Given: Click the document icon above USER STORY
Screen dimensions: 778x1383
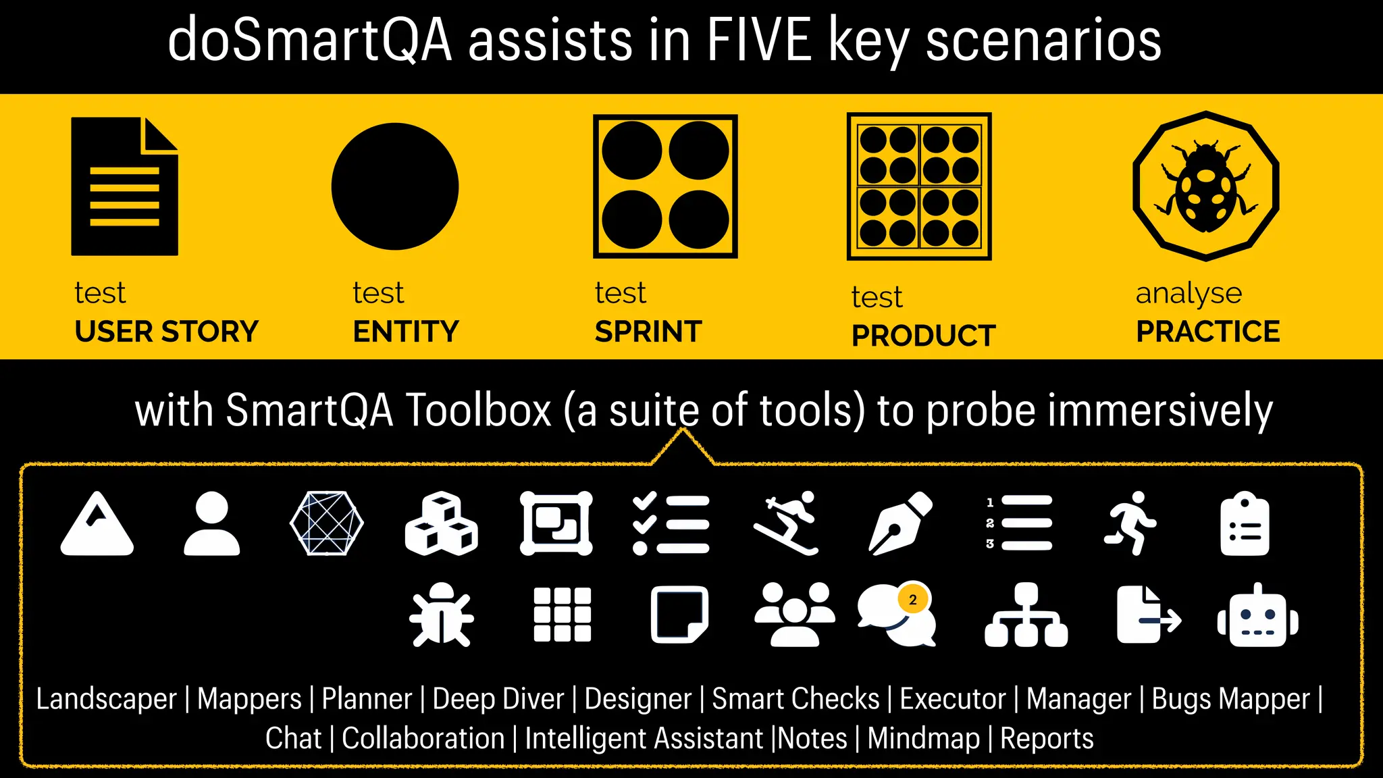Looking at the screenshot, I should (125, 186).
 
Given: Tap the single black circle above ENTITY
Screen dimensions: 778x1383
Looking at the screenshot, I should (395, 186).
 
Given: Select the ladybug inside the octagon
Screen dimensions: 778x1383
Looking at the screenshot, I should (1206, 187).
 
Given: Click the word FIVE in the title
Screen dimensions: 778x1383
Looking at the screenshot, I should (758, 41).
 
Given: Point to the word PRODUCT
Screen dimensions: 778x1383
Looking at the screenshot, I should (923, 336).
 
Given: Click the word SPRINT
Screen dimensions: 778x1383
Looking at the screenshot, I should (648, 332).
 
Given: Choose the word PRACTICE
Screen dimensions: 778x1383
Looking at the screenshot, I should (1207, 332).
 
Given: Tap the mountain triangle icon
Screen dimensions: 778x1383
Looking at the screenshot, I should (97, 525).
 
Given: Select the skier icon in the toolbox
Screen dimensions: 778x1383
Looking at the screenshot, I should (787, 523).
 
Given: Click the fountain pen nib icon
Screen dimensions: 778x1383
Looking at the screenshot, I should (900, 523).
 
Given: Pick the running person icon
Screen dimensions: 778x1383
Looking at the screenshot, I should (1130, 523).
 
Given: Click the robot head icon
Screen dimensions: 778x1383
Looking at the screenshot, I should (1257, 616).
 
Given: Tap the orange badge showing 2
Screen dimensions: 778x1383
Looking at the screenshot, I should (913, 600).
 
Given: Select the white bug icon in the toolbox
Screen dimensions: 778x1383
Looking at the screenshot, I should (442, 615).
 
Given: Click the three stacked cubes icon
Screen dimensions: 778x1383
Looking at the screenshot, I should (442, 523).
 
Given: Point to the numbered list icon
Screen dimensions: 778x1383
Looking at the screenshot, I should (1019, 523).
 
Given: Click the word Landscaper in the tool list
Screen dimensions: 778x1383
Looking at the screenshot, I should (106, 699).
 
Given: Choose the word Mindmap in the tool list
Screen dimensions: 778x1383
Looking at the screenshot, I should (923, 738).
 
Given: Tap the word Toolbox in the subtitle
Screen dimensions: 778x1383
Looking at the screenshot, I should (478, 410).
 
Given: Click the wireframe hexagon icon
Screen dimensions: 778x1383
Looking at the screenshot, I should (327, 523).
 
